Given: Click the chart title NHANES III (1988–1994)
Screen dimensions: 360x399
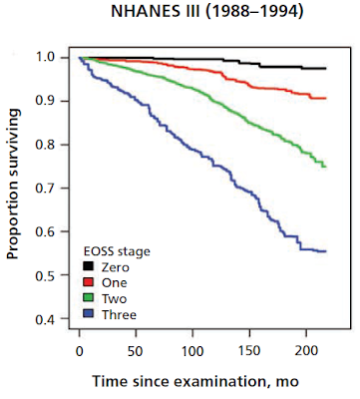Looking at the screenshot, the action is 207,12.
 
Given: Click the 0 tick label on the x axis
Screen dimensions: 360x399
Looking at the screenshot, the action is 79,351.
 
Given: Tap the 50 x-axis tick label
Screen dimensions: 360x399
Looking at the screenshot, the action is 136,351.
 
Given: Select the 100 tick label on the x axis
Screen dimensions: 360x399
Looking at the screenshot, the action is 192,351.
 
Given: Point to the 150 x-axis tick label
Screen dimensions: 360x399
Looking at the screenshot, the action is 249,351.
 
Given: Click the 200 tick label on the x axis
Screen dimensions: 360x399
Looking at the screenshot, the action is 306,351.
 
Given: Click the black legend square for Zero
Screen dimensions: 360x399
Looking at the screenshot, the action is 89,266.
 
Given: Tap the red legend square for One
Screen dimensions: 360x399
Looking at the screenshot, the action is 89,282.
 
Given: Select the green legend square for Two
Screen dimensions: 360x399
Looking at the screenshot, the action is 89,297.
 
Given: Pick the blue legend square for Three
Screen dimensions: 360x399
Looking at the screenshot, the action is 89,313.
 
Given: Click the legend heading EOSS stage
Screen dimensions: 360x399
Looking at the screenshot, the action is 117,251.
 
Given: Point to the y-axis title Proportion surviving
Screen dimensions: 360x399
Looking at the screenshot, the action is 13,184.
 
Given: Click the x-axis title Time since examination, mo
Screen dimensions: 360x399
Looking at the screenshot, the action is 195,381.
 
